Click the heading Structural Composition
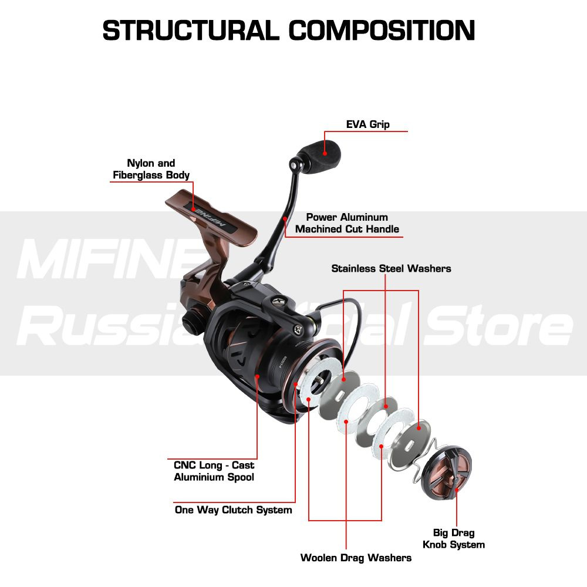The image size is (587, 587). click(289, 31)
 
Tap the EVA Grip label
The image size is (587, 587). click(367, 124)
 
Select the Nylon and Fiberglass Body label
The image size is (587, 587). click(151, 169)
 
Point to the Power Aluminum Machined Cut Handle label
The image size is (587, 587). click(347, 223)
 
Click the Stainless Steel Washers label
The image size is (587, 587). click(391, 268)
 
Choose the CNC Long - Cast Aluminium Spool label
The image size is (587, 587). click(214, 471)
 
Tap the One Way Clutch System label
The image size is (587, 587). click(233, 510)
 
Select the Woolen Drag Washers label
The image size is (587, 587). click(356, 557)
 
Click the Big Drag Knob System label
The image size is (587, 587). click(454, 538)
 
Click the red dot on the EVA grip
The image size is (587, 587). click(323, 152)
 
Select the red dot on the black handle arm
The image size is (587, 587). click(285, 218)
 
